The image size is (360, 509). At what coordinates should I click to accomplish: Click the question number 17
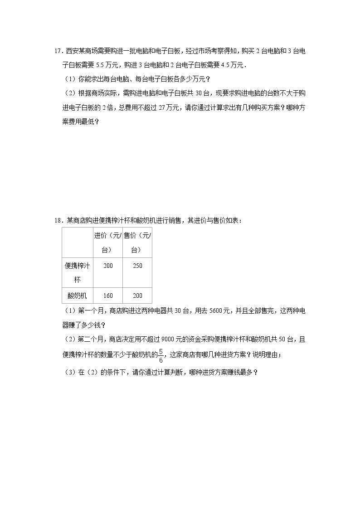click(x=57, y=51)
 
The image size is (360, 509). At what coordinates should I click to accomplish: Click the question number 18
click(x=57, y=221)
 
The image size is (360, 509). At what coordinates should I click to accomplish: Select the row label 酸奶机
click(x=78, y=296)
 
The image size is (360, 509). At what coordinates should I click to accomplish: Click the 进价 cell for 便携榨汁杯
click(x=108, y=266)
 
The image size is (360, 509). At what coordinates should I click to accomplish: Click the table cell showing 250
click(x=137, y=266)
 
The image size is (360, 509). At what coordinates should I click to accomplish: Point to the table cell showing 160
click(x=108, y=296)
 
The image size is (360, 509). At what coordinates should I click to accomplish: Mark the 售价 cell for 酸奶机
click(x=137, y=296)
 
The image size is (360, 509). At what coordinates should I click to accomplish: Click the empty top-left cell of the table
click(x=78, y=242)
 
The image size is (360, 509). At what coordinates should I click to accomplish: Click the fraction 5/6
click(x=161, y=355)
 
